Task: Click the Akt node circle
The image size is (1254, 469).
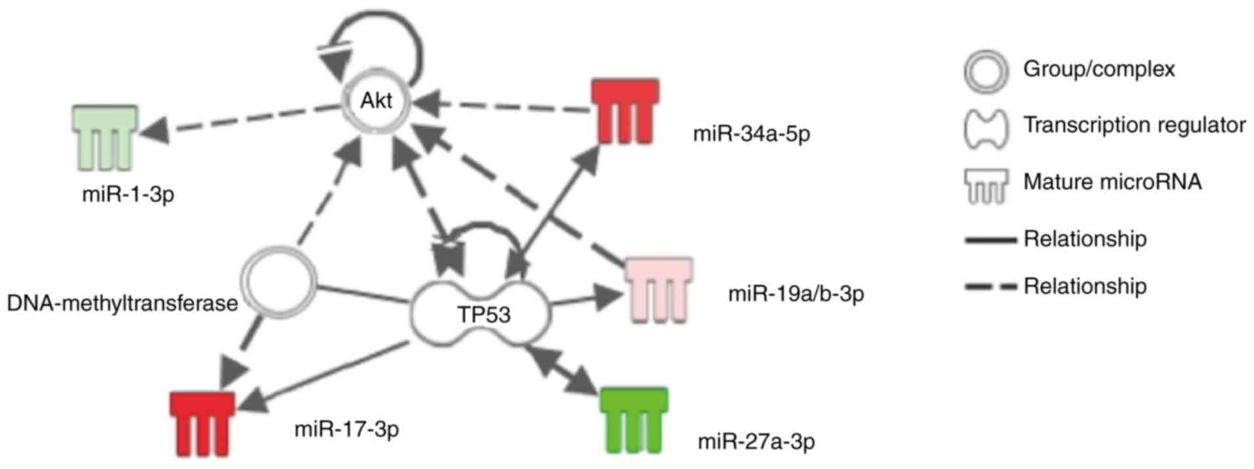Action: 377,102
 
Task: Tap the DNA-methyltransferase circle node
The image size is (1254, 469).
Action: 278,282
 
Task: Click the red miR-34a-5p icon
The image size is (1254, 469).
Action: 625,111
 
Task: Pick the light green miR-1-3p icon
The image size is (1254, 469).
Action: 104,136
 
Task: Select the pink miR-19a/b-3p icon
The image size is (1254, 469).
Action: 658,289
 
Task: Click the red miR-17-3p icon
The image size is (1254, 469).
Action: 203,423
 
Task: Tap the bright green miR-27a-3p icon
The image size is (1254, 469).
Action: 634,420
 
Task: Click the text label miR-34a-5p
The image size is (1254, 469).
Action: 751,134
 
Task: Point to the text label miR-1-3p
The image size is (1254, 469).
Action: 128,195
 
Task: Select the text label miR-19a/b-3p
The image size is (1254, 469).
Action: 796,293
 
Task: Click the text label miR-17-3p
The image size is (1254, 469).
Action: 346,430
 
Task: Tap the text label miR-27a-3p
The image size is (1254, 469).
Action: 756,441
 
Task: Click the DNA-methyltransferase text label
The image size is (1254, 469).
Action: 122,303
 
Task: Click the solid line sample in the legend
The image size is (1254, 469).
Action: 990,241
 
